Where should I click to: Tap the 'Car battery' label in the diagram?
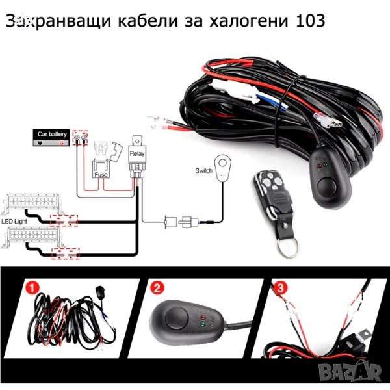[51, 134]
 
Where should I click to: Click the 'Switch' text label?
[203, 171]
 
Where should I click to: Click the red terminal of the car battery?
[62, 140]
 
